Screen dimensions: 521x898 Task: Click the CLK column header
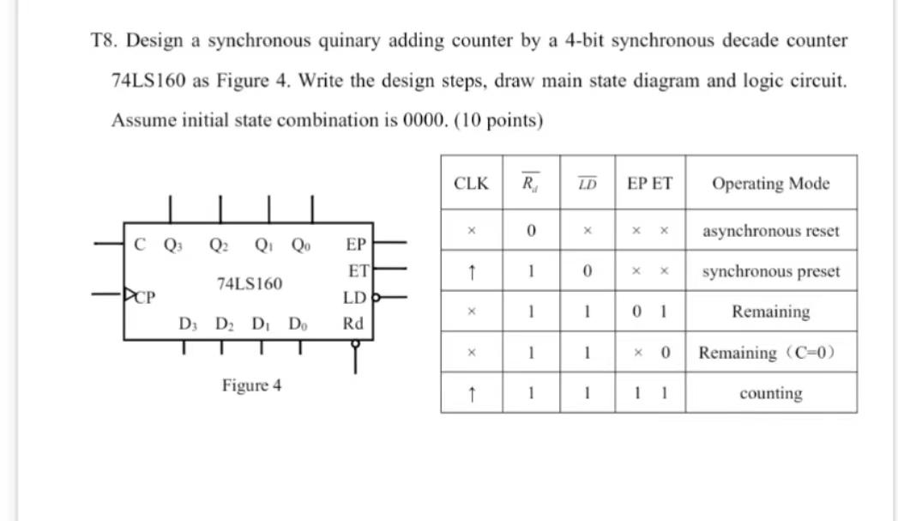click(x=471, y=183)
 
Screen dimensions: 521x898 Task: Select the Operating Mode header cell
click(x=770, y=183)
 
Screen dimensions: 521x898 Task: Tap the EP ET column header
click(x=650, y=183)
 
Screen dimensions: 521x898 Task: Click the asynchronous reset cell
click(x=770, y=231)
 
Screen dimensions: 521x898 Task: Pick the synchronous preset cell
click(x=770, y=271)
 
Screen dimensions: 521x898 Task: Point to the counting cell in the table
click(x=770, y=394)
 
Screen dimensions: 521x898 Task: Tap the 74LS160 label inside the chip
click(x=250, y=283)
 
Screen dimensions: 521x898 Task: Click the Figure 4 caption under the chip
click(x=251, y=385)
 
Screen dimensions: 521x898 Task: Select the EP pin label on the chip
click(x=356, y=244)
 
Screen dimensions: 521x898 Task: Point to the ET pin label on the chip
click(x=358, y=271)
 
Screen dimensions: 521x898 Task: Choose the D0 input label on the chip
click(x=297, y=324)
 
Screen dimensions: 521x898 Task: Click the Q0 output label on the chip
click(x=302, y=244)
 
